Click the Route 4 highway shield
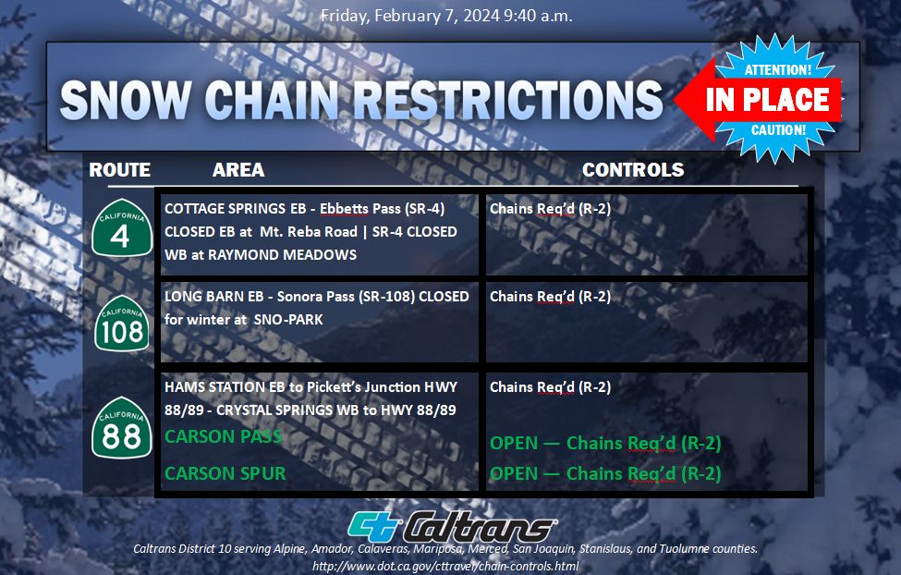pyautogui.click(x=122, y=228)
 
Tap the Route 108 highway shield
pyautogui.click(x=122, y=324)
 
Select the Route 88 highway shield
pyautogui.click(x=122, y=428)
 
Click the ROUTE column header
pyautogui.click(x=119, y=169)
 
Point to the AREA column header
pyautogui.click(x=238, y=169)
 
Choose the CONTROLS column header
pyautogui.click(x=633, y=169)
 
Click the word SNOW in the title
pyautogui.click(x=126, y=100)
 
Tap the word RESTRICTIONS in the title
pyautogui.click(x=508, y=100)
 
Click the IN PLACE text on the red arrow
pyautogui.click(x=768, y=100)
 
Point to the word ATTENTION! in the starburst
pyautogui.click(x=777, y=70)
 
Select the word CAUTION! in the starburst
pyautogui.click(x=779, y=130)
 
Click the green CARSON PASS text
pyautogui.click(x=223, y=436)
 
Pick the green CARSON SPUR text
pyautogui.click(x=225, y=473)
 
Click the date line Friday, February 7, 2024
pyautogui.click(x=409, y=16)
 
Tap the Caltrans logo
pyautogui.click(x=452, y=527)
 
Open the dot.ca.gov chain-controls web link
pyautogui.click(x=445, y=566)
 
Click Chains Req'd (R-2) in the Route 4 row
pyautogui.click(x=550, y=209)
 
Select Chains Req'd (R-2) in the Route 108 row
pyautogui.click(x=550, y=297)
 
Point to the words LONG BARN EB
pyautogui.click(x=213, y=297)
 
